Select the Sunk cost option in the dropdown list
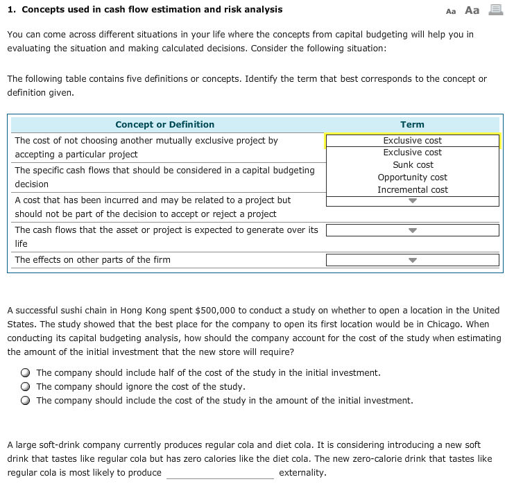(x=413, y=165)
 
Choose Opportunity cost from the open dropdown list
(x=413, y=178)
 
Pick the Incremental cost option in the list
(x=413, y=190)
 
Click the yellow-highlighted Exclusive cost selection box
(x=413, y=141)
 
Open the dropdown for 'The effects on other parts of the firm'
(x=413, y=261)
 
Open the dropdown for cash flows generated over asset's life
(x=413, y=230)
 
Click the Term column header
(x=412, y=125)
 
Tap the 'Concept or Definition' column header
(x=165, y=125)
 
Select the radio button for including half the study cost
(x=25, y=373)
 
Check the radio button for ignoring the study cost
(x=25, y=387)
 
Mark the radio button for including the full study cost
(x=25, y=401)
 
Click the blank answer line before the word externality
(x=220, y=474)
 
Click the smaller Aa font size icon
(x=451, y=10)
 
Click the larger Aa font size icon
(x=472, y=10)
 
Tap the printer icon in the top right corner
(x=495, y=10)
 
